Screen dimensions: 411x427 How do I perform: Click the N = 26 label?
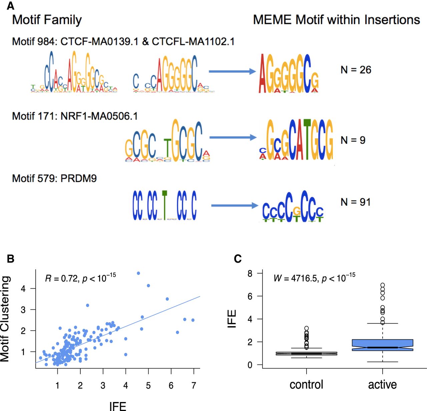(356, 70)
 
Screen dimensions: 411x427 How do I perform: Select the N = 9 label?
(353, 140)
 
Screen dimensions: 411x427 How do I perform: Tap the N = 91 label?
(356, 202)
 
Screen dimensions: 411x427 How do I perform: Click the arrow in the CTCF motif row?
(232, 71)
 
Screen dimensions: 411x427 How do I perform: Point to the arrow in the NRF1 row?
(233, 137)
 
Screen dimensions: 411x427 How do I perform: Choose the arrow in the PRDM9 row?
(234, 205)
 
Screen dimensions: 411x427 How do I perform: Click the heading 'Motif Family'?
(47, 20)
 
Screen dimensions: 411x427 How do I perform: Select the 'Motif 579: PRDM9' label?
(54, 178)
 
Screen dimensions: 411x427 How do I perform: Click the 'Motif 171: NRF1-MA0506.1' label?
(75, 116)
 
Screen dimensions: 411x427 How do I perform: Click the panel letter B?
(10, 259)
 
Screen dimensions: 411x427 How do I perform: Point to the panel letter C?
(238, 259)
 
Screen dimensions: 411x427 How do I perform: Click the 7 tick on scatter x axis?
(193, 385)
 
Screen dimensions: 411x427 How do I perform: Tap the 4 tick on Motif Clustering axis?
(23, 289)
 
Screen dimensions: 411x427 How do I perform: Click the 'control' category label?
(306, 385)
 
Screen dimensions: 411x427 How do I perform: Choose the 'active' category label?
(382, 385)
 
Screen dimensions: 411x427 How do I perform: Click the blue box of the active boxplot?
(382, 344)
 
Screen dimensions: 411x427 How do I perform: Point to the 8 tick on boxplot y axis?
(250, 274)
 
